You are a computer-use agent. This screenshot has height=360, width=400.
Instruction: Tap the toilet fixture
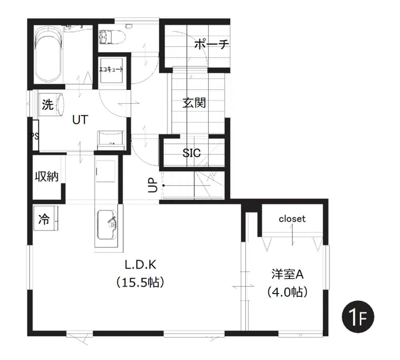tap(112, 37)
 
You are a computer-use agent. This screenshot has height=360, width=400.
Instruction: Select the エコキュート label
tap(111, 69)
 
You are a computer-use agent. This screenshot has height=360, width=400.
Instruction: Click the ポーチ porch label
tap(212, 45)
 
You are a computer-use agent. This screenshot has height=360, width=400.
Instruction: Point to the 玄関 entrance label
tap(194, 103)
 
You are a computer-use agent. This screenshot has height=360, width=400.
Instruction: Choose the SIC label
tap(192, 153)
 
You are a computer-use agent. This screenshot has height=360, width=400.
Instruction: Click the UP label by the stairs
tap(152, 185)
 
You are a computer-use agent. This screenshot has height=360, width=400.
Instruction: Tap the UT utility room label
tap(80, 120)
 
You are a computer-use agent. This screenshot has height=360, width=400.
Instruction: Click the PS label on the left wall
tap(34, 136)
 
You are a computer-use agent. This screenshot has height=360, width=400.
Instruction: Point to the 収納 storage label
tap(47, 176)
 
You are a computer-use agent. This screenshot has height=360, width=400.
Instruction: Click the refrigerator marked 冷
tap(46, 218)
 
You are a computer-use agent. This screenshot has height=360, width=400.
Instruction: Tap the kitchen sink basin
tap(107, 225)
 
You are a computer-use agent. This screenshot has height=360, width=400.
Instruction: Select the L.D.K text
tap(140, 265)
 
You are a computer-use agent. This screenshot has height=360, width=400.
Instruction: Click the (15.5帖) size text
tap(140, 282)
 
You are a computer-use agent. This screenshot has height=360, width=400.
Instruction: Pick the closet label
tap(292, 219)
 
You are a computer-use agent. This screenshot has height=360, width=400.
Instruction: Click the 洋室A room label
tap(288, 274)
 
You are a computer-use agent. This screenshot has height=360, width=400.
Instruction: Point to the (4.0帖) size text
tap(288, 292)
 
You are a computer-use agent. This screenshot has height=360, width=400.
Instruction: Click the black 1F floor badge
tap(358, 317)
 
